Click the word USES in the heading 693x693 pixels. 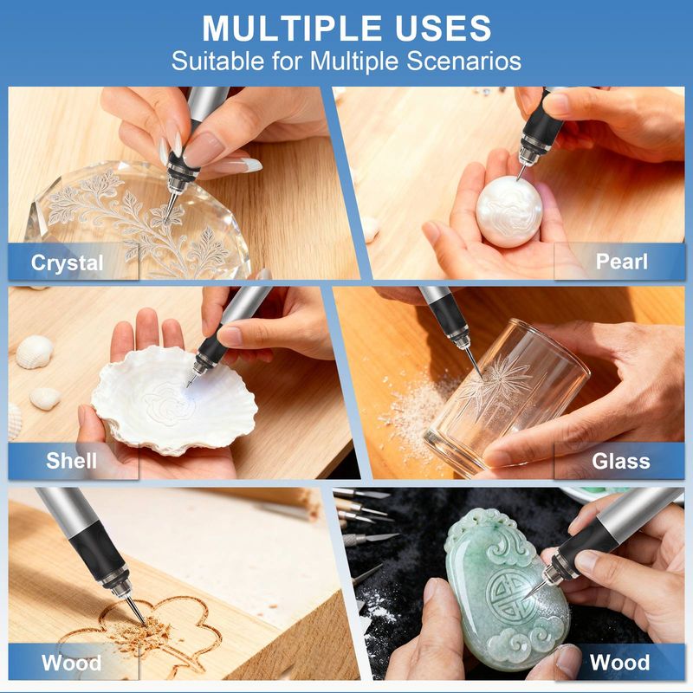click(x=443, y=29)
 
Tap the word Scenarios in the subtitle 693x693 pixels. click(x=463, y=61)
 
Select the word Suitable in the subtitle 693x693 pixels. click(x=218, y=61)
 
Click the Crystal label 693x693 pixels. click(x=68, y=263)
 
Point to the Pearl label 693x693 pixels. click(x=621, y=262)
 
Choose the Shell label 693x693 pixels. click(x=71, y=461)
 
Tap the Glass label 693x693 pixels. click(x=621, y=462)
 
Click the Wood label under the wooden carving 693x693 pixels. click(x=71, y=663)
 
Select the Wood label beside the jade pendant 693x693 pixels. click(x=620, y=662)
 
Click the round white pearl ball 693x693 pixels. click(x=509, y=211)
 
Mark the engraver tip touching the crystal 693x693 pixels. click(x=166, y=221)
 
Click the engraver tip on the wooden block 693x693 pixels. click(x=144, y=624)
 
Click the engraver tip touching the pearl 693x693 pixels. click(x=517, y=178)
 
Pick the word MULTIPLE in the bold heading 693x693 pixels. click(x=292, y=29)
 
